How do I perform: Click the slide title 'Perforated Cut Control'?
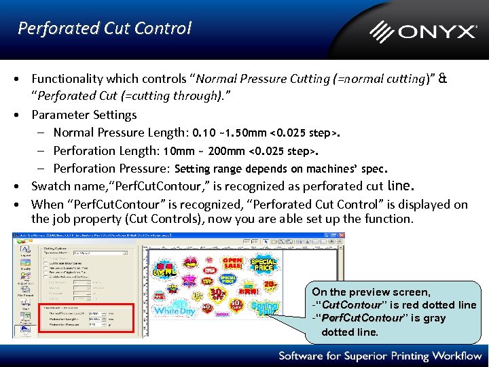[105, 28]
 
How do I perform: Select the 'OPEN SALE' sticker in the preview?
[233, 264]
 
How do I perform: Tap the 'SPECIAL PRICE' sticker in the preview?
[264, 264]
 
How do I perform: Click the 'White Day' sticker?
[175, 311]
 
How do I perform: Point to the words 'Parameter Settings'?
[84, 115]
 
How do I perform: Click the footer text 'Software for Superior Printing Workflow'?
[380, 355]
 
